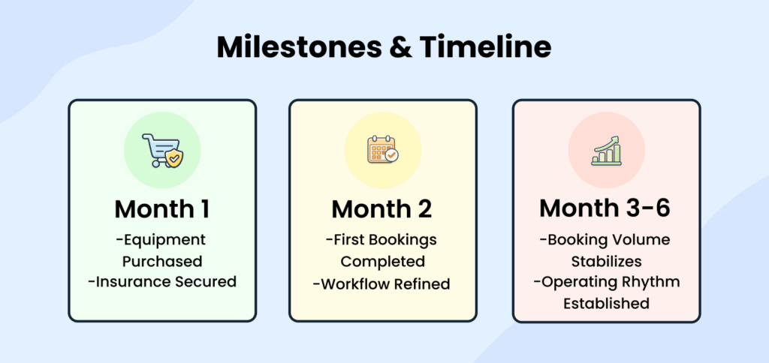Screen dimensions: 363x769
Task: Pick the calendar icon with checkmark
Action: [382, 149]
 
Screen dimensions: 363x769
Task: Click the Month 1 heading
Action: [161, 208]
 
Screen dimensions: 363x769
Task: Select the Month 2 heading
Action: [382, 208]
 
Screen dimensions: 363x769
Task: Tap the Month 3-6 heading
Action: [606, 208]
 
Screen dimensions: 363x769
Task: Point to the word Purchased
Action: [162, 261]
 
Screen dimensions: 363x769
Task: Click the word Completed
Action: [382, 261]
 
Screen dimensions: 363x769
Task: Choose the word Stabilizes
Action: [606, 261]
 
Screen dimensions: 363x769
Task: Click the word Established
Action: [606, 303]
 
